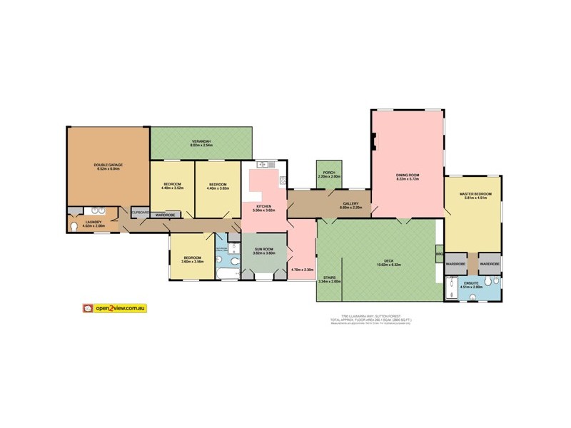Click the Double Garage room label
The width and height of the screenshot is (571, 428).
tap(108, 166)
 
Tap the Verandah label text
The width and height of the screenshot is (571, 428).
tap(201, 141)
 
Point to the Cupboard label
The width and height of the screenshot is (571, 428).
tap(140, 213)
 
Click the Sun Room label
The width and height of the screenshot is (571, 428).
tap(264, 249)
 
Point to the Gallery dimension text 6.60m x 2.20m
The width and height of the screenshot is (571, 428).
tap(350, 208)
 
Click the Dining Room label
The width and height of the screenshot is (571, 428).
tap(408, 175)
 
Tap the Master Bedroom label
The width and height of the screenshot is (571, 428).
tap(473, 195)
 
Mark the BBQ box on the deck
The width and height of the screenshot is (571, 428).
tap(439, 253)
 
